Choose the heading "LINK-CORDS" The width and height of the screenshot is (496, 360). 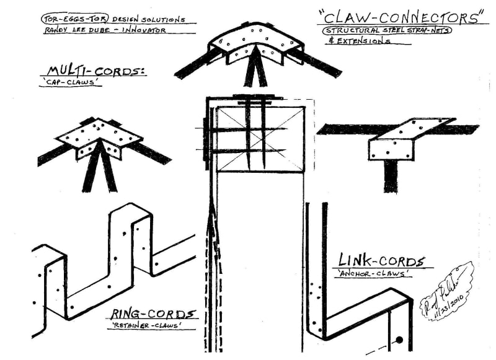(381, 261)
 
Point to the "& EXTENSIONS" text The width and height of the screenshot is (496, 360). (356, 42)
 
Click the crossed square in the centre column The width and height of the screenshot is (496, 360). (260, 139)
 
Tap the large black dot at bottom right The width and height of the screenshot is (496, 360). (400, 340)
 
